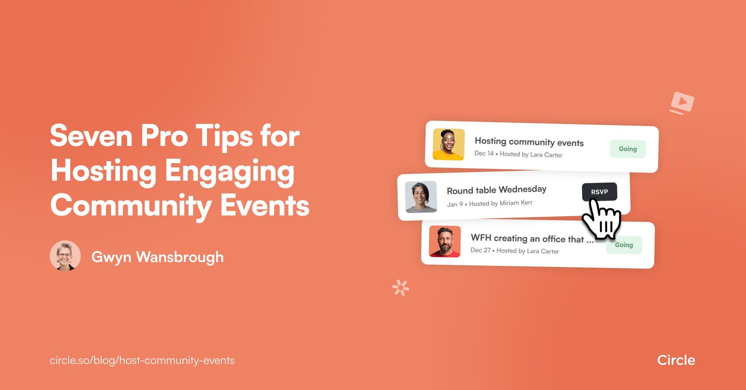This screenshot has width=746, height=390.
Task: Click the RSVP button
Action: point(599,192)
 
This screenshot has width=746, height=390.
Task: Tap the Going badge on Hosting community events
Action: point(628,149)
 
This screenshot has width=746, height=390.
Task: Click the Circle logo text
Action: point(676,360)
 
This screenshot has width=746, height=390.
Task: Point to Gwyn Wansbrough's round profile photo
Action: point(65,256)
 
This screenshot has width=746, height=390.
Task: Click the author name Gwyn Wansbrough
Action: point(157,257)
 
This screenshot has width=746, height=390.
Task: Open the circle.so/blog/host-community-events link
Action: point(142,361)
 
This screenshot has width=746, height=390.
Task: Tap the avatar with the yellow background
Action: point(448,145)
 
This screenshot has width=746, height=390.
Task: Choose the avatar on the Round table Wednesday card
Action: point(421,197)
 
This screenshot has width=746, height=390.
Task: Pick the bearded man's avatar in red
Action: point(445,241)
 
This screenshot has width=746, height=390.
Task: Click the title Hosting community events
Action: point(529,142)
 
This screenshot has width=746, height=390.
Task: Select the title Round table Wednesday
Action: point(496,190)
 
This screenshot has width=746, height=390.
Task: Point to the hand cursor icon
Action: point(602,220)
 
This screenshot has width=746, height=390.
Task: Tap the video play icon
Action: point(682,102)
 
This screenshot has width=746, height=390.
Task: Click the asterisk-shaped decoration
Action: point(401,288)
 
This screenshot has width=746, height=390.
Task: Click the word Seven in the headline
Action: point(91,136)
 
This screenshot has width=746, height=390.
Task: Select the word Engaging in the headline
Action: point(229,171)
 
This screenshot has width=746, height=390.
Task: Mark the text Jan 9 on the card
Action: point(455,204)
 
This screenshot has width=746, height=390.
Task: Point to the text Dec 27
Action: point(480,250)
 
